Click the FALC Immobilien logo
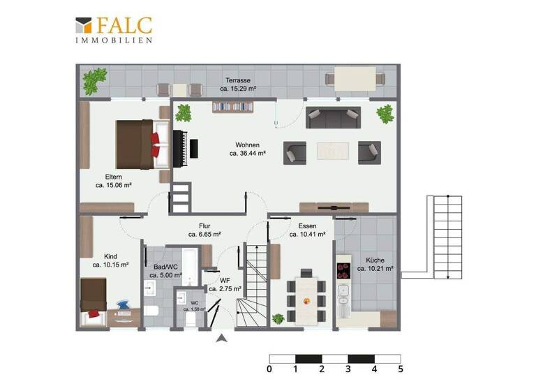click(x=114, y=29)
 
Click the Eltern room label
click(x=114, y=177)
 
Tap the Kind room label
click(x=110, y=256)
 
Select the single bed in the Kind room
click(x=92, y=295)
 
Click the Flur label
click(x=204, y=226)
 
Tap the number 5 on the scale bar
click(x=400, y=369)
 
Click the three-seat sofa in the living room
click(x=334, y=117)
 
